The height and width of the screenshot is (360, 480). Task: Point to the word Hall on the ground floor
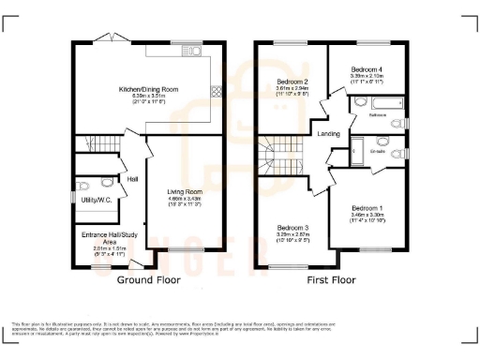tap(133, 179)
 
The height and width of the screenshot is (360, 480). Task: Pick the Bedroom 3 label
tap(292, 227)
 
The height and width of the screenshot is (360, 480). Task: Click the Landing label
tap(329, 134)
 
